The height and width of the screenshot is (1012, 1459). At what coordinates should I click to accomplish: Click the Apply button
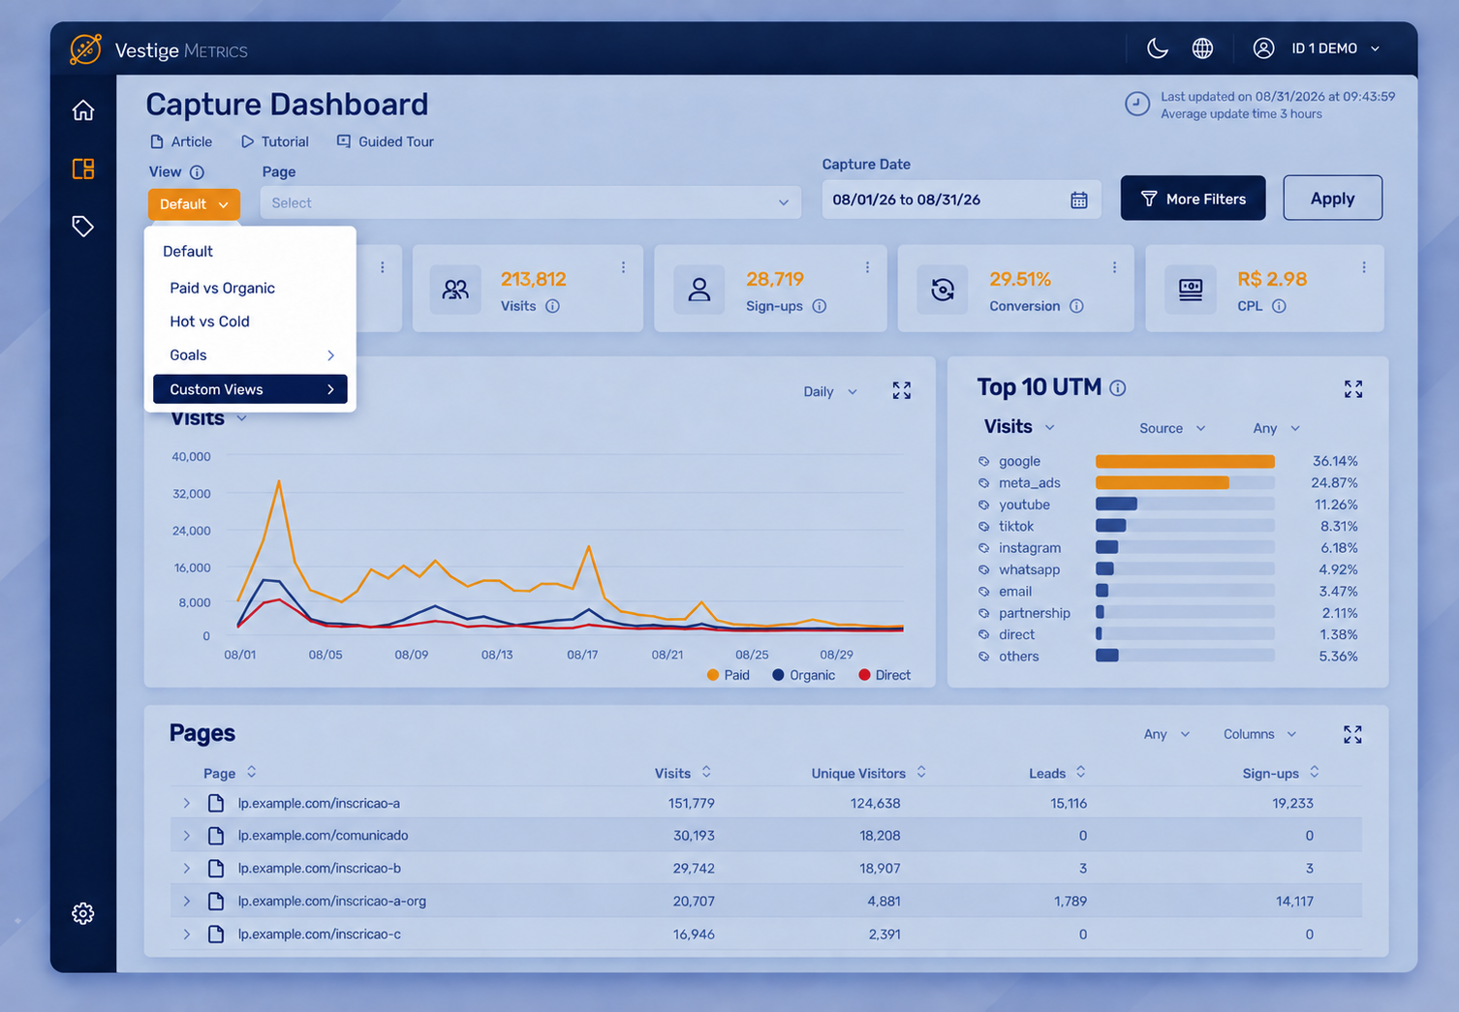coord(1332,198)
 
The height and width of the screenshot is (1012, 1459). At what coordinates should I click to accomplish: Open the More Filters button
coord(1193,198)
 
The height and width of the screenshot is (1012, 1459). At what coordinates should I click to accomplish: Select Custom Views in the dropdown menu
coord(250,389)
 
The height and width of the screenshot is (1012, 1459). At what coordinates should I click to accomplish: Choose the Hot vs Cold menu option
coord(209,322)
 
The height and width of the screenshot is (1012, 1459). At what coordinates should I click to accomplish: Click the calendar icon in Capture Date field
coord(1078,199)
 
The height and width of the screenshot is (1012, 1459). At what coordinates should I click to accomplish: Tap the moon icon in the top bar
coord(1157,48)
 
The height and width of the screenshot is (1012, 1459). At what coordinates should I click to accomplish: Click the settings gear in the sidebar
coord(82,913)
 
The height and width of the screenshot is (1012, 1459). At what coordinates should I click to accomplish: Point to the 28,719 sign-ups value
coord(775,279)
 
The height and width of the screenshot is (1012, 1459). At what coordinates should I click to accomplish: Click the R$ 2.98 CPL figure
coord(1271,279)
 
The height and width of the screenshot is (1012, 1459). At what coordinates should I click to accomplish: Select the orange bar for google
coord(1185,461)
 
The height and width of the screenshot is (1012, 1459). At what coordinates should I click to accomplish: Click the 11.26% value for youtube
coord(1335,505)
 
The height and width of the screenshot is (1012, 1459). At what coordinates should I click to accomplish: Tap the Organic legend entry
coord(803,675)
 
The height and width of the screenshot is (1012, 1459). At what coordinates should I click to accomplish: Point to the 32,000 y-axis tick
coord(192,494)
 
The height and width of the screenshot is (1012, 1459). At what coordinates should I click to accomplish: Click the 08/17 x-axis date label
coord(582,655)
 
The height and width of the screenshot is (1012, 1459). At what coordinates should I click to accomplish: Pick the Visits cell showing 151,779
coord(691,803)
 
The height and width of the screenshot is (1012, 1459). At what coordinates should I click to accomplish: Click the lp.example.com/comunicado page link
coord(323,836)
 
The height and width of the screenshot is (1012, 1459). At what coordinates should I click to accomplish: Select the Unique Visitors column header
coord(857,773)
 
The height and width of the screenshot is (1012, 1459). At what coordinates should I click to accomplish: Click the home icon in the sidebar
coord(82,110)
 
